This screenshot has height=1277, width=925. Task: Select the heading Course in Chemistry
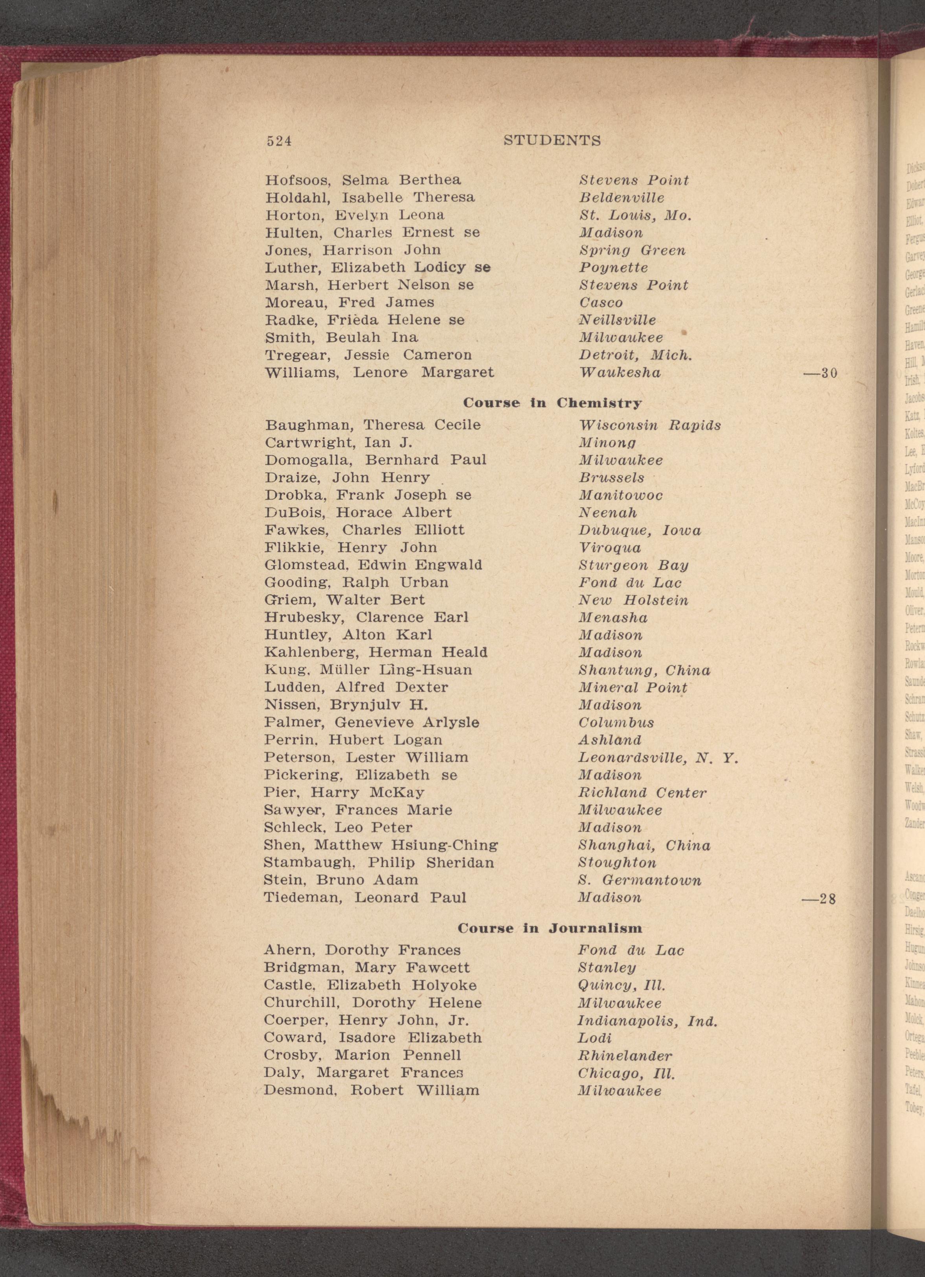coord(552,403)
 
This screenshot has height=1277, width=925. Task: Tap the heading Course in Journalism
coord(550,928)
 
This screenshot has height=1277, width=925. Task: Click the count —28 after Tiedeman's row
coord(819,899)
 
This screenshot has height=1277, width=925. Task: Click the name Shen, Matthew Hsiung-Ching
coord(381,845)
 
